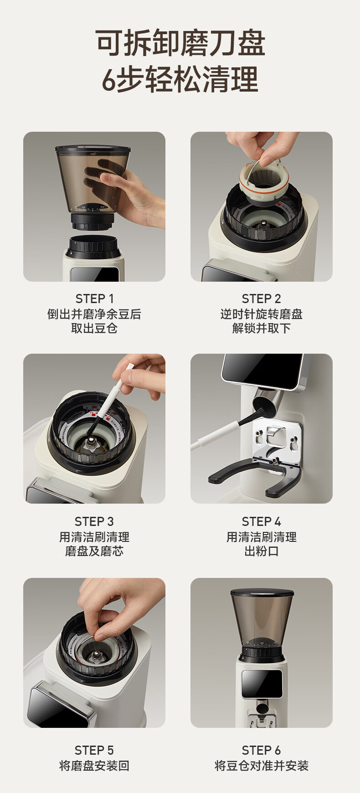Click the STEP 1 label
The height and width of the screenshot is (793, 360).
(94, 299)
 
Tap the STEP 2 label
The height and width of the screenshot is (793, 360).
(261, 299)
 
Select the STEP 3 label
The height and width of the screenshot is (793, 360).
(94, 521)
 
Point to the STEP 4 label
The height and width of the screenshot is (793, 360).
(261, 521)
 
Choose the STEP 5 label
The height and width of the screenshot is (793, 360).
(94, 750)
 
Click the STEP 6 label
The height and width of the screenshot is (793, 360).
(261, 750)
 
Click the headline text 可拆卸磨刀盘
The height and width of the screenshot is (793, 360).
(180, 43)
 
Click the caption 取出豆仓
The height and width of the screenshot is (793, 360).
(94, 328)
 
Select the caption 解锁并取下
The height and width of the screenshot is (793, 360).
(261, 328)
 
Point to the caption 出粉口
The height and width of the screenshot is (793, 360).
(261, 551)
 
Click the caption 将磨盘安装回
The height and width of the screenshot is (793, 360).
(94, 766)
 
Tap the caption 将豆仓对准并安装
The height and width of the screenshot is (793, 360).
(261, 766)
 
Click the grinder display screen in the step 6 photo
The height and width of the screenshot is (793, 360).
(262, 684)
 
